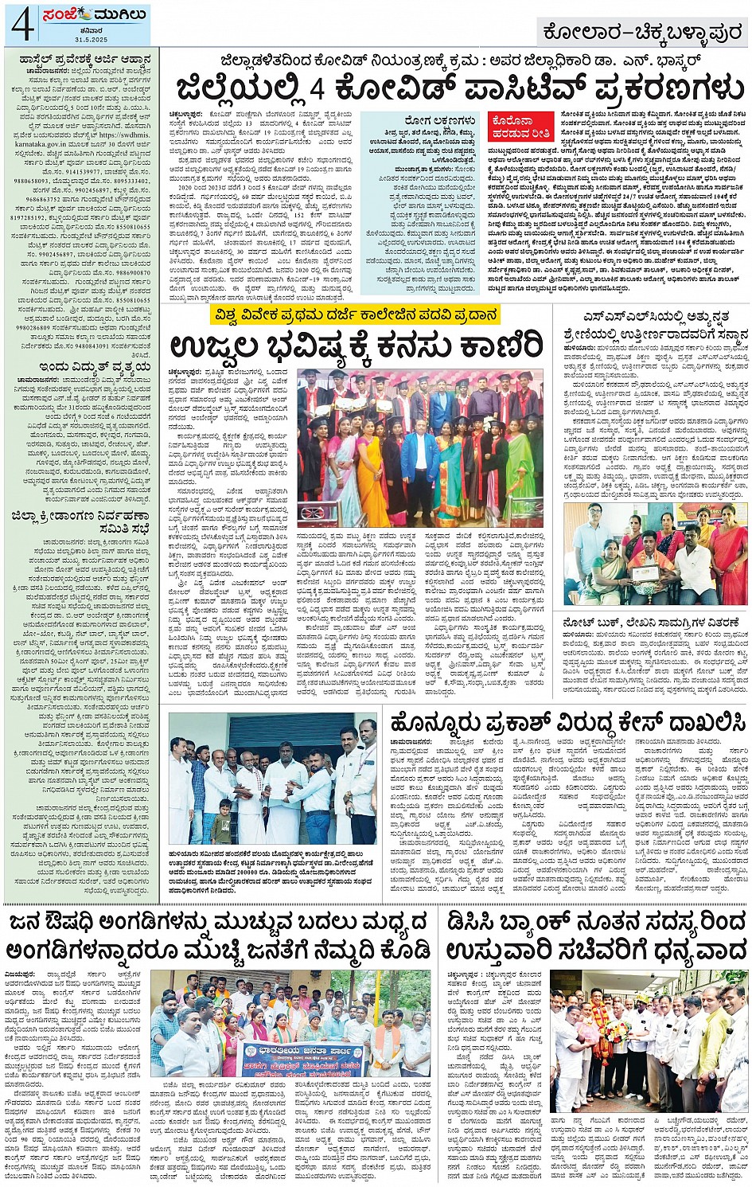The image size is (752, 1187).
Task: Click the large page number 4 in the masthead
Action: tap(22, 24)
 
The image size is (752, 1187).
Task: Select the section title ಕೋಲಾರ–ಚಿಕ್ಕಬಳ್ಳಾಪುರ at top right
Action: tap(641, 33)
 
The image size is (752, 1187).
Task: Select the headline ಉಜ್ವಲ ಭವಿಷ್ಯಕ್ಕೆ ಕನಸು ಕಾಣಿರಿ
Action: tap(356, 346)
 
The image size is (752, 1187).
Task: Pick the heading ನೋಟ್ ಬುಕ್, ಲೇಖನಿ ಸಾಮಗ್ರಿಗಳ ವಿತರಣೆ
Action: tap(652, 622)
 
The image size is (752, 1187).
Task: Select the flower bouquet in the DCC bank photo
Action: tap(616, 1036)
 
